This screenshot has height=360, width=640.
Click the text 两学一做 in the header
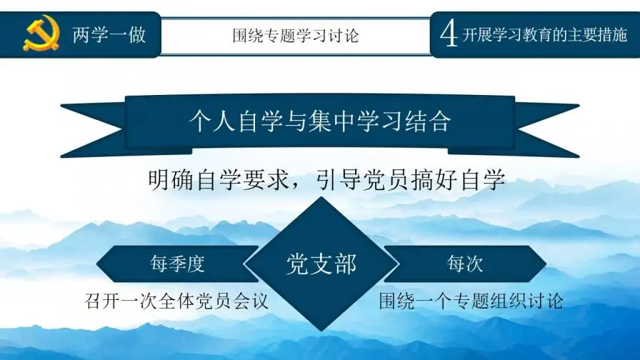tap(109, 34)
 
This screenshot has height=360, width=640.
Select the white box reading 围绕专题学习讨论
tap(295, 34)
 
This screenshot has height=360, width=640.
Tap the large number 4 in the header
tap(449, 34)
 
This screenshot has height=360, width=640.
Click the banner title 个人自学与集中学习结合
tap(319, 121)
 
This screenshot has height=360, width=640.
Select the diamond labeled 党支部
tap(321, 264)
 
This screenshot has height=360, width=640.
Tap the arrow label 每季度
tap(177, 264)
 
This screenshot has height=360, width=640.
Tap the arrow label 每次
tap(465, 264)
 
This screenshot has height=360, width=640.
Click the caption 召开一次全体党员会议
tap(176, 301)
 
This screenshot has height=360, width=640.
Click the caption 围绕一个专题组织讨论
tap(471, 301)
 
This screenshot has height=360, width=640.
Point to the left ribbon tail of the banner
tap(93, 129)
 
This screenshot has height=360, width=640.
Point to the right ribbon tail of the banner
tap(546, 129)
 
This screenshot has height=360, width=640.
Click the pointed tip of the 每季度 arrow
tap(101, 264)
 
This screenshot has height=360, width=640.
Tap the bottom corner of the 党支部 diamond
tap(321, 329)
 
